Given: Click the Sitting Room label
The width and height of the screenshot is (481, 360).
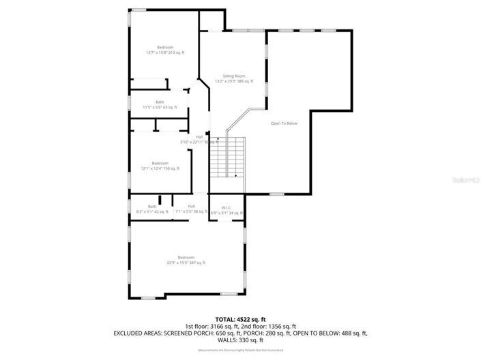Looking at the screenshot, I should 233,76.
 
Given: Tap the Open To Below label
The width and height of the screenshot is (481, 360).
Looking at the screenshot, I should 284,123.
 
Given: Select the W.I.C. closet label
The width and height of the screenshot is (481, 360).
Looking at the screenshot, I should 227,207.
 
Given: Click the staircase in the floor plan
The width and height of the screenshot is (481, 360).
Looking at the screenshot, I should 227,157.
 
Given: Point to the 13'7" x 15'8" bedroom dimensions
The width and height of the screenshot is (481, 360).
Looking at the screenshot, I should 164,52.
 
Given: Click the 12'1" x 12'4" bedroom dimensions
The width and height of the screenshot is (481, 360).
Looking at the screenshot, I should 160,168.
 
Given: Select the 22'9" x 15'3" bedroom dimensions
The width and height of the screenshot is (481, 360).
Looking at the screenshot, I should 186,262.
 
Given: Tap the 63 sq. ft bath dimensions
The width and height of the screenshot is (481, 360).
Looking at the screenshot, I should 159,108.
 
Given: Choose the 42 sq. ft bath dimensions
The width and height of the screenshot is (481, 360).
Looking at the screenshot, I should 151,212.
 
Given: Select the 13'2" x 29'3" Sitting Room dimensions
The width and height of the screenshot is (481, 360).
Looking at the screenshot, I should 233,81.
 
